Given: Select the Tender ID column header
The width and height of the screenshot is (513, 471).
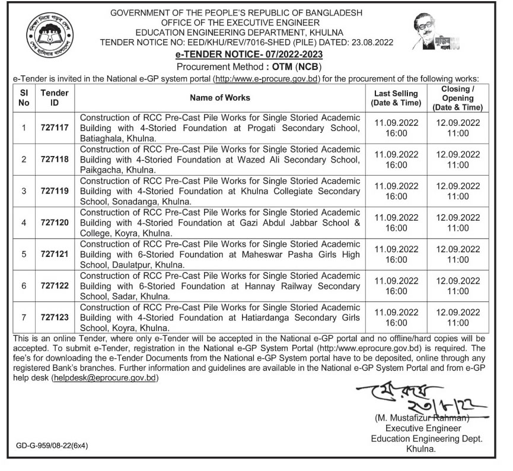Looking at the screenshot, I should (x=55, y=97).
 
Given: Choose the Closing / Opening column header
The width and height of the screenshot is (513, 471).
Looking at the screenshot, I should (x=456, y=97).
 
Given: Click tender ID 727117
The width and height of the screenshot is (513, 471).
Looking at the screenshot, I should (x=55, y=128).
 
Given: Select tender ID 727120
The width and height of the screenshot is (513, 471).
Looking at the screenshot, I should (x=55, y=223).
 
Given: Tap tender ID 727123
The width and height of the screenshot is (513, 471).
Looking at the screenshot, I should (x=55, y=317).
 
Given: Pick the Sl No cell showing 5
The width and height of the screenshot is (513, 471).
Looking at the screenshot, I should (x=24, y=254).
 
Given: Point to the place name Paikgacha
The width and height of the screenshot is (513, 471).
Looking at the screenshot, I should (x=98, y=169).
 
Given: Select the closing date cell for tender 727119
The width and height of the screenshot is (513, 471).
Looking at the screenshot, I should (x=457, y=191).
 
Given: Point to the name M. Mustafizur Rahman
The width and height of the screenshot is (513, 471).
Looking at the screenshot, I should (x=422, y=419).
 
